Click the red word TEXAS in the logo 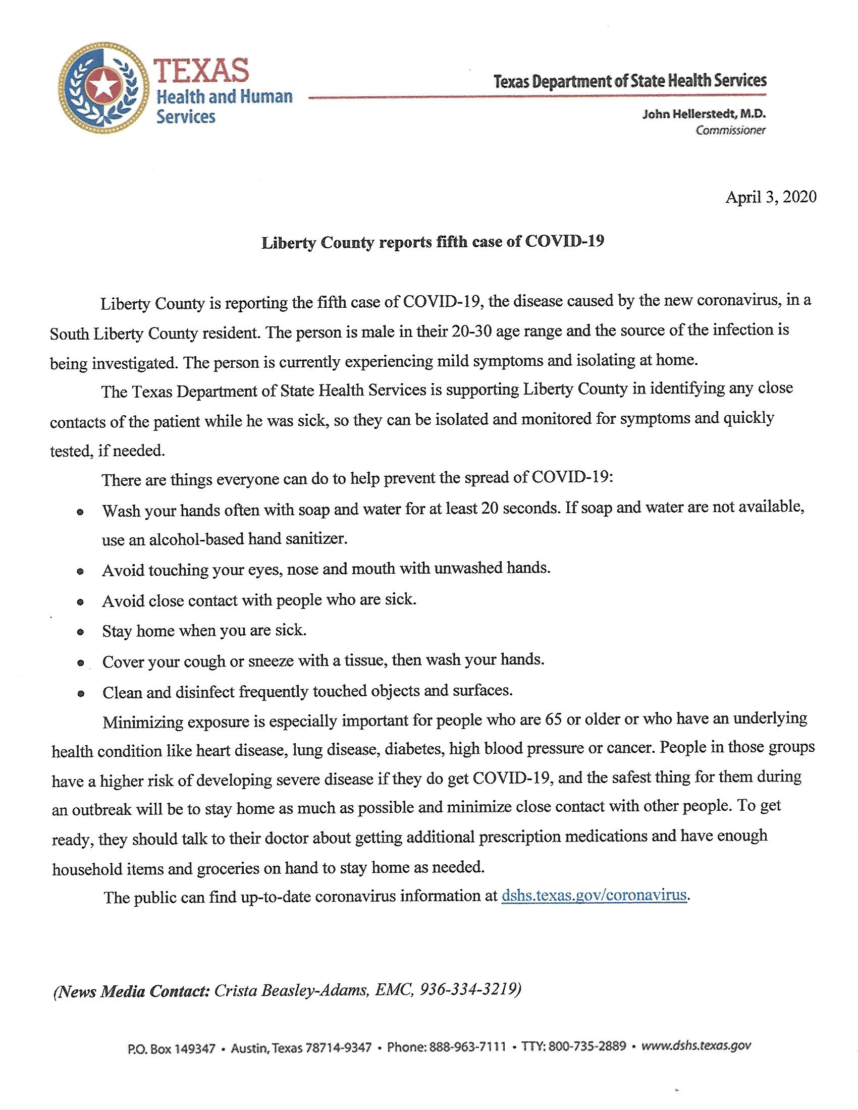tap(201, 71)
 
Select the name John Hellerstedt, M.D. tap(704, 114)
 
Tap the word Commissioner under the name tap(730, 131)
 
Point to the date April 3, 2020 tap(771, 197)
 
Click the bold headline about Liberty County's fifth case tap(433, 242)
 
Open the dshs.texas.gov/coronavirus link tap(594, 895)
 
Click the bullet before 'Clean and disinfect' tap(81, 694)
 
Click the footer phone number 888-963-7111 tap(468, 1047)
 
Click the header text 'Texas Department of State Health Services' tap(630, 81)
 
